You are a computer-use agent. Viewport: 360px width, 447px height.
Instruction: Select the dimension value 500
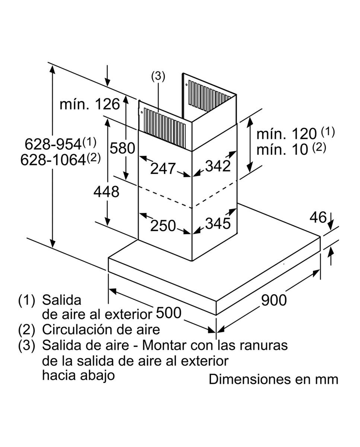point(168,313)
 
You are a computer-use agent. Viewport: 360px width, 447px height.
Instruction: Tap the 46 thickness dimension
point(318,217)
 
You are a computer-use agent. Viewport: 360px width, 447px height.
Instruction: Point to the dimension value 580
point(122,148)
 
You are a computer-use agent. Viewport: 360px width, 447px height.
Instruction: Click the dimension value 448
point(106,192)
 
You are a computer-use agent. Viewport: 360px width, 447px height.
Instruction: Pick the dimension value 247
point(163,169)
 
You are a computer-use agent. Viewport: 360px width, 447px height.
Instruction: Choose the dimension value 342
point(218,167)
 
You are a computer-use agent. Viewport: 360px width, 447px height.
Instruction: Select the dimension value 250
point(163,225)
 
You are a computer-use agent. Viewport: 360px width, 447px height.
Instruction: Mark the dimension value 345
point(218,223)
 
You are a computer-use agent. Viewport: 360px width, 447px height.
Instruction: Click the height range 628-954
point(54,143)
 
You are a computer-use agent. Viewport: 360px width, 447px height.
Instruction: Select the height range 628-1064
point(53,160)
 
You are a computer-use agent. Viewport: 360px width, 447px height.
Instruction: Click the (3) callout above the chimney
point(158,76)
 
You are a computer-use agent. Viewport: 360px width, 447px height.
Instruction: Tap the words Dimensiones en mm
point(273,379)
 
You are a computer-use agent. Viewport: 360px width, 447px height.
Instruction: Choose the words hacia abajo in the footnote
point(78,375)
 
